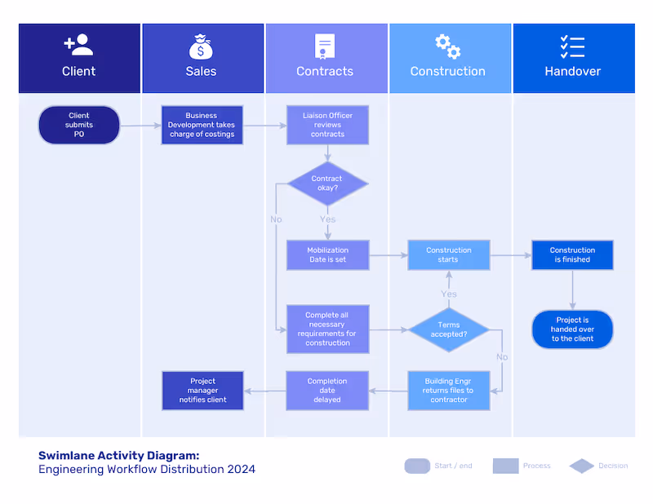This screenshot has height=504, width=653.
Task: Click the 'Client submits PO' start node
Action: [79, 125]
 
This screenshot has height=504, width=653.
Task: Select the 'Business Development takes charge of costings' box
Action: [202, 125]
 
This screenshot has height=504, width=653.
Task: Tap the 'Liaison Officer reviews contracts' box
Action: [327, 125]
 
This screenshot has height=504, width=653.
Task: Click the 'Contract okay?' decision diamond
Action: [327, 183]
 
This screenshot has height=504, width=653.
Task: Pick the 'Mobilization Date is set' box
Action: [327, 255]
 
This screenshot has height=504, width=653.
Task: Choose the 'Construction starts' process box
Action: [449, 255]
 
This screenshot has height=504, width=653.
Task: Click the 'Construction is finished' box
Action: [572, 255]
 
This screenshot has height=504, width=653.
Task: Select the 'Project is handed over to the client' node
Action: [572, 329]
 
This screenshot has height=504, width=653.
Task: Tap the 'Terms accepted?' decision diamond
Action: [449, 330]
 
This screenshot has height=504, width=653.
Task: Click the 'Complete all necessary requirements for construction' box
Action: [327, 329]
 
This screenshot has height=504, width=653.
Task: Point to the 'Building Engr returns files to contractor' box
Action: [449, 391]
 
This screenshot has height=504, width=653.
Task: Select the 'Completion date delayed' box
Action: [327, 391]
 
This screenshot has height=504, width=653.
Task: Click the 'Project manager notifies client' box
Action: [202, 391]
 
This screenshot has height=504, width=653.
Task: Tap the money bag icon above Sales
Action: [201, 46]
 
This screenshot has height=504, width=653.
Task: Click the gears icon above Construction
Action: [447, 46]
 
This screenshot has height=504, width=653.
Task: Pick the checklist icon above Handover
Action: [572, 46]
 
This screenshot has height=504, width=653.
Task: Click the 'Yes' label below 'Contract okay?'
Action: [327, 219]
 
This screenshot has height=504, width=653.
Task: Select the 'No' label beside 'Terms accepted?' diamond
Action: [501, 357]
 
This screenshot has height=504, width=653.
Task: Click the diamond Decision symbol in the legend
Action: [582, 466]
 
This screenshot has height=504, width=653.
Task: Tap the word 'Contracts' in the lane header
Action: [325, 72]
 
